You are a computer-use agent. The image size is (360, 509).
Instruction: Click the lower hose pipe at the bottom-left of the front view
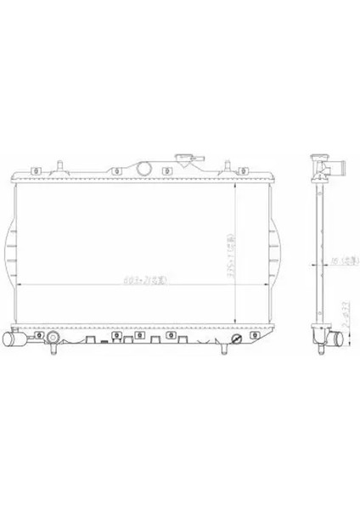click(x=16, y=339)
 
